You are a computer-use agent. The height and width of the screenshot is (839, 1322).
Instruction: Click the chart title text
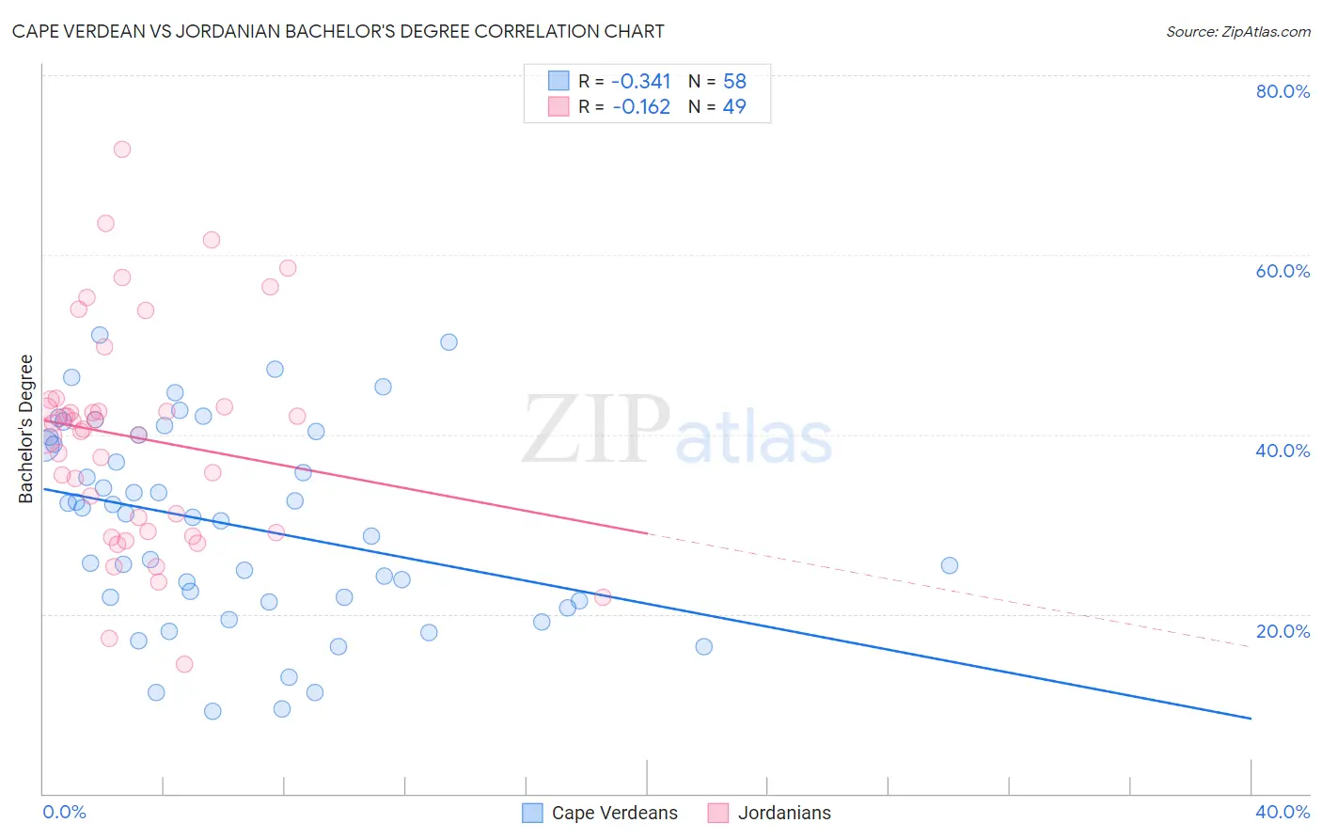pyautogui.click(x=338, y=31)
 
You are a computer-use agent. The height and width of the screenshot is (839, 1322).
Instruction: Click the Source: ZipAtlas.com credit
pyautogui.click(x=1237, y=31)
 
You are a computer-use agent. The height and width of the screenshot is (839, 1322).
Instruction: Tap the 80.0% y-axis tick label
pyautogui.click(x=1283, y=91)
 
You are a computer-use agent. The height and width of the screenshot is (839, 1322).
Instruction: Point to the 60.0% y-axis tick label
pyautogui.click(x=1283, y=271)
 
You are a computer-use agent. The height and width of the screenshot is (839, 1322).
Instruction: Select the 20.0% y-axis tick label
pyautogui.click(x=1283, y=631)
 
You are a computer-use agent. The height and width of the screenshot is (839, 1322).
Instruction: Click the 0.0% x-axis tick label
pyautogui.click(x=64, y=812)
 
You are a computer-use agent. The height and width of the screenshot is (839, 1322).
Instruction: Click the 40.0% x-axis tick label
pyautogui.click(x=1283, y=812)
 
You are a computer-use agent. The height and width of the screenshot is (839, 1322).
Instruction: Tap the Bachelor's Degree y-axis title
pyautogui.click(x=26, y=428)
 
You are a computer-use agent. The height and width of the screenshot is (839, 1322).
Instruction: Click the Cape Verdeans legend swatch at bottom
pyautogui.click(x=532, y=813)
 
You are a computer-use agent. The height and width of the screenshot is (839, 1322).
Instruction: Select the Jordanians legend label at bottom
pyautogui.click(x=784, y=813)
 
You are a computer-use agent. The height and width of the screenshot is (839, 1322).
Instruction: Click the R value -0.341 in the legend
pyautogui.click(x=641, y=81)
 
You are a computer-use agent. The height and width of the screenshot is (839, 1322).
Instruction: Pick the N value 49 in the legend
pyautogui.click(x=733, y=106)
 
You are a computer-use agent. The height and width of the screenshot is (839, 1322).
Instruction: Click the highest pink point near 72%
pyautogui.click(x=121, y=150)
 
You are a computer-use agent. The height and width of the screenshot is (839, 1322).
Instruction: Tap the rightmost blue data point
pyautogui.click(x=950, y=565)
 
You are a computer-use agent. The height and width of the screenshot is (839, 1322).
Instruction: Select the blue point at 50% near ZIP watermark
pyautogui.click(x=449, y=342)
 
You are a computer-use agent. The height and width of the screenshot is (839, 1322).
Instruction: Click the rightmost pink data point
pyautogui.click(x=603, y=597)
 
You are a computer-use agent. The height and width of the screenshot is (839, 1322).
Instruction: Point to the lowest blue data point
pyautogui.click(x=212, y=711)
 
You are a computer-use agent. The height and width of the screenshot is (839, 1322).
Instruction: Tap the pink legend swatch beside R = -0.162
pyautogui.click(x=559, y=106)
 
